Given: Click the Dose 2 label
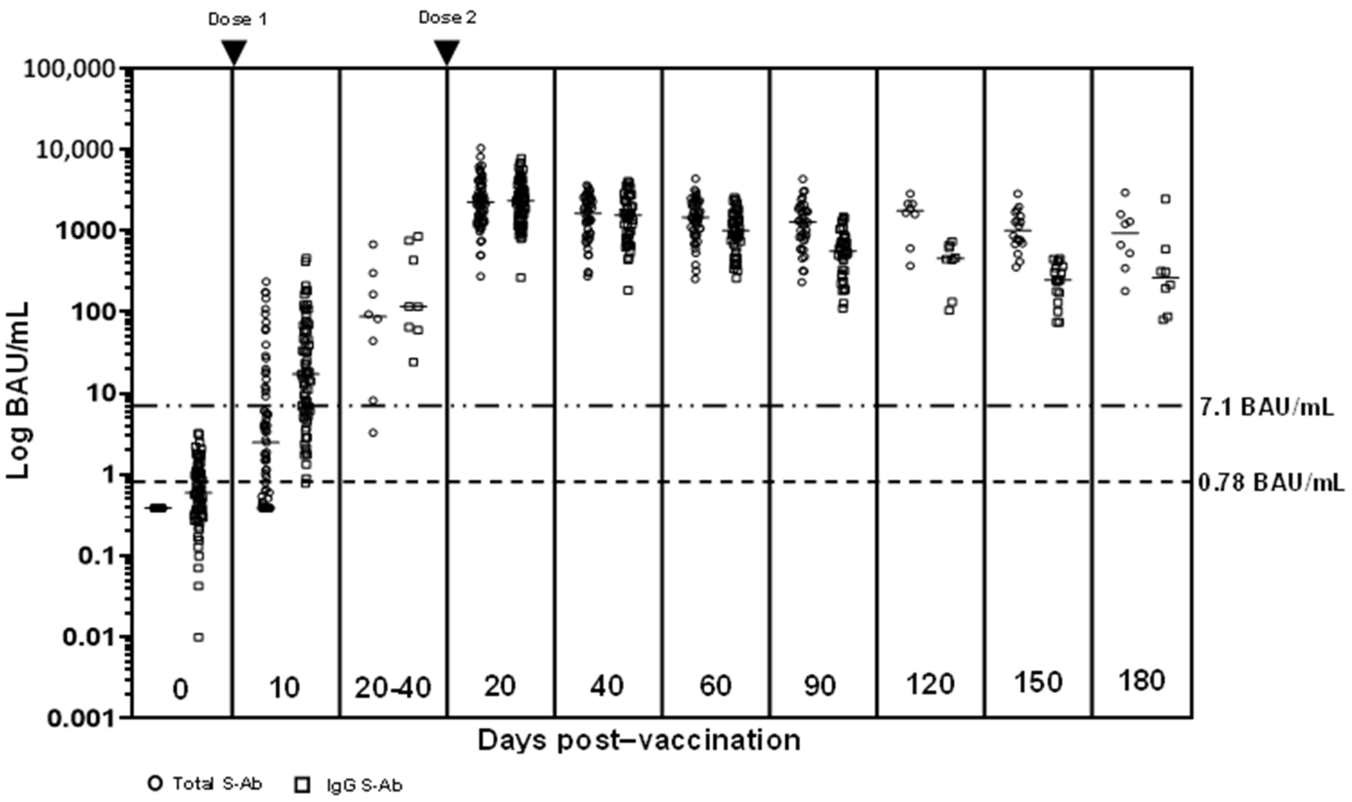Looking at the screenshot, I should [x=448, y=18].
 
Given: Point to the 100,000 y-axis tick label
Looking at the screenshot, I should [x=70, y=69].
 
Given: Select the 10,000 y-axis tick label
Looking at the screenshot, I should [x=76, y=150].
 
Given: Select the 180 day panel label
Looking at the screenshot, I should [x=1140, y=680].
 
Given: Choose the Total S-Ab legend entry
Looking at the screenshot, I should [x=205, y=784].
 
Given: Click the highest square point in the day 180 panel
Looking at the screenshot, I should [x=1166, y=199].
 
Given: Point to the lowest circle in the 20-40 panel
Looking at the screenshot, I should [x=373, y=432].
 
